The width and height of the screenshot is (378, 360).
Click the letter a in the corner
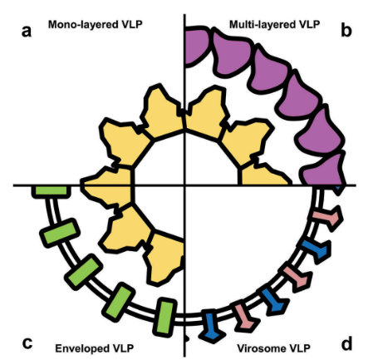tap(27, 32)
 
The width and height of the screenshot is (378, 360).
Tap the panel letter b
tap(346, 30)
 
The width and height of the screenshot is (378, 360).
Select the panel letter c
tap(27, 343)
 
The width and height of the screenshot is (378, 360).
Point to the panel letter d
tap(346, 343)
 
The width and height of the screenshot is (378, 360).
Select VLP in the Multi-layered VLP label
tap(308, 24)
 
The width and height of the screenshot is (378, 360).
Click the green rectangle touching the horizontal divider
tap(51, 191)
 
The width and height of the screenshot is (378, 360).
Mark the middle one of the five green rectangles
tap(83, 272)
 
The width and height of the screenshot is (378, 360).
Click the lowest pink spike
tap(246, 317)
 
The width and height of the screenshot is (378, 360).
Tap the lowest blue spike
tap(212, 326)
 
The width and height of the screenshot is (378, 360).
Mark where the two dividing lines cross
tap(184, 185)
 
